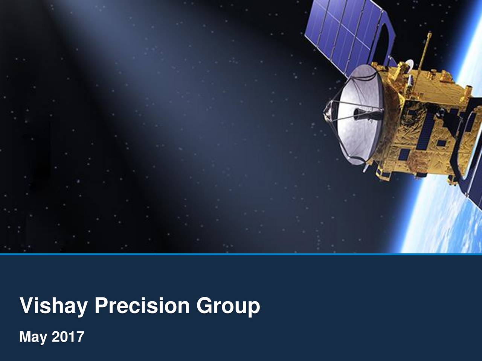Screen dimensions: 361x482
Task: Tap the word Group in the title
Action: [228, 305]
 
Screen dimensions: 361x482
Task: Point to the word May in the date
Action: [33, 337]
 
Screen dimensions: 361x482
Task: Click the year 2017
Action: [68, 336]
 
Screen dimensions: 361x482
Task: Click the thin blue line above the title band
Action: [241, 254]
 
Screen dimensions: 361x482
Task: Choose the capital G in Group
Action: [204, 305]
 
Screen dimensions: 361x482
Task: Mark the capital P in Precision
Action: [101, 305]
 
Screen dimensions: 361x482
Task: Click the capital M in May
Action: [24, 336]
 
